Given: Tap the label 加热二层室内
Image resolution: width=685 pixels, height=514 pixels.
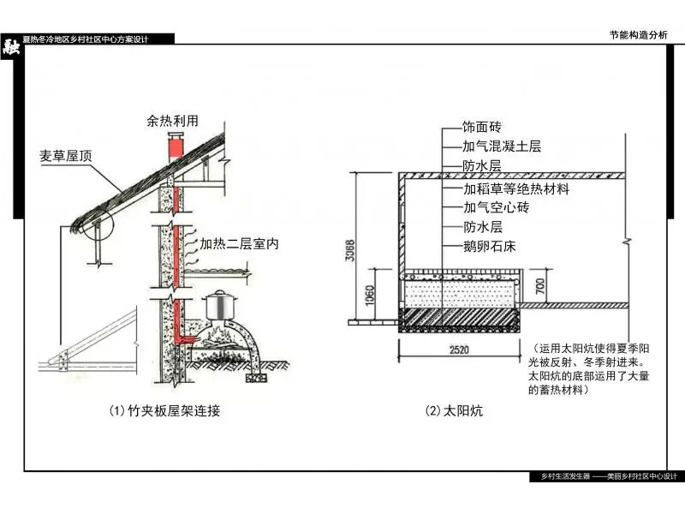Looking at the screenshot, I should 239,244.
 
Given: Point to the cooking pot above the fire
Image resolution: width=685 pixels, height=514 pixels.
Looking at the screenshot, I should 219,306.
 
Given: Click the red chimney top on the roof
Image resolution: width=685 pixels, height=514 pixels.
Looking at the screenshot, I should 175,146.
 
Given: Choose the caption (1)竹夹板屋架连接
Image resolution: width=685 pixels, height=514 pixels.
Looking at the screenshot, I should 164,411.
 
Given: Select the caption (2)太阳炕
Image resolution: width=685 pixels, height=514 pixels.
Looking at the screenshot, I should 454,411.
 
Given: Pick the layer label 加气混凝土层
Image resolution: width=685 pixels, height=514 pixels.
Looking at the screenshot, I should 502,147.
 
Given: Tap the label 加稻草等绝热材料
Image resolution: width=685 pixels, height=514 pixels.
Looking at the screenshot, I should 516,188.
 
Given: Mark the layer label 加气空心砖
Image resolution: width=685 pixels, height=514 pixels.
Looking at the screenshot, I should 496,207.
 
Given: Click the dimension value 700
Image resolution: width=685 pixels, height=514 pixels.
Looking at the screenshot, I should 539,284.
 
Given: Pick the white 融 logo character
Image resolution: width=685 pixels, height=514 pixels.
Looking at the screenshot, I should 11,46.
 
